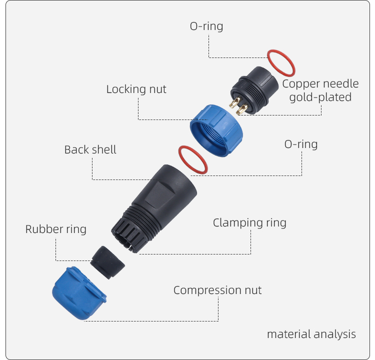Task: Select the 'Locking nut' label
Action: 136,89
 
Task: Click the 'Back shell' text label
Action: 90,149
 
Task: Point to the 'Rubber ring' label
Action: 55,229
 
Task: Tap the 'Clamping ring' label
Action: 249,222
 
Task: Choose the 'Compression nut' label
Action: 217,290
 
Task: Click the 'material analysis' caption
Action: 311,334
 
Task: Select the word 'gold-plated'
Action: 320,97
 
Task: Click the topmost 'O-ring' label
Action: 206,26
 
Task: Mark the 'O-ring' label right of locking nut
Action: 300,144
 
